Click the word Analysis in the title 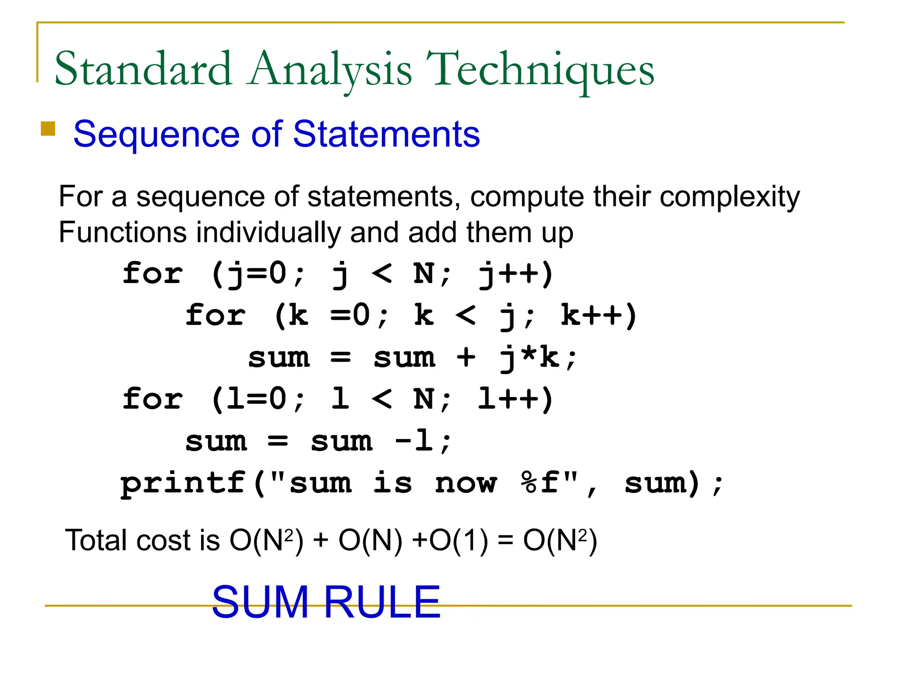point(329,70)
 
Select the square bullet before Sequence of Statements point(48,129)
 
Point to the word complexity point(730,197)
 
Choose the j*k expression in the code point(529,358)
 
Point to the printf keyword point(183,483)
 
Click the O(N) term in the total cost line point(371,540)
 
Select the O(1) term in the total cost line point(459,540)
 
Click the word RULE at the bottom point(382,602)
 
